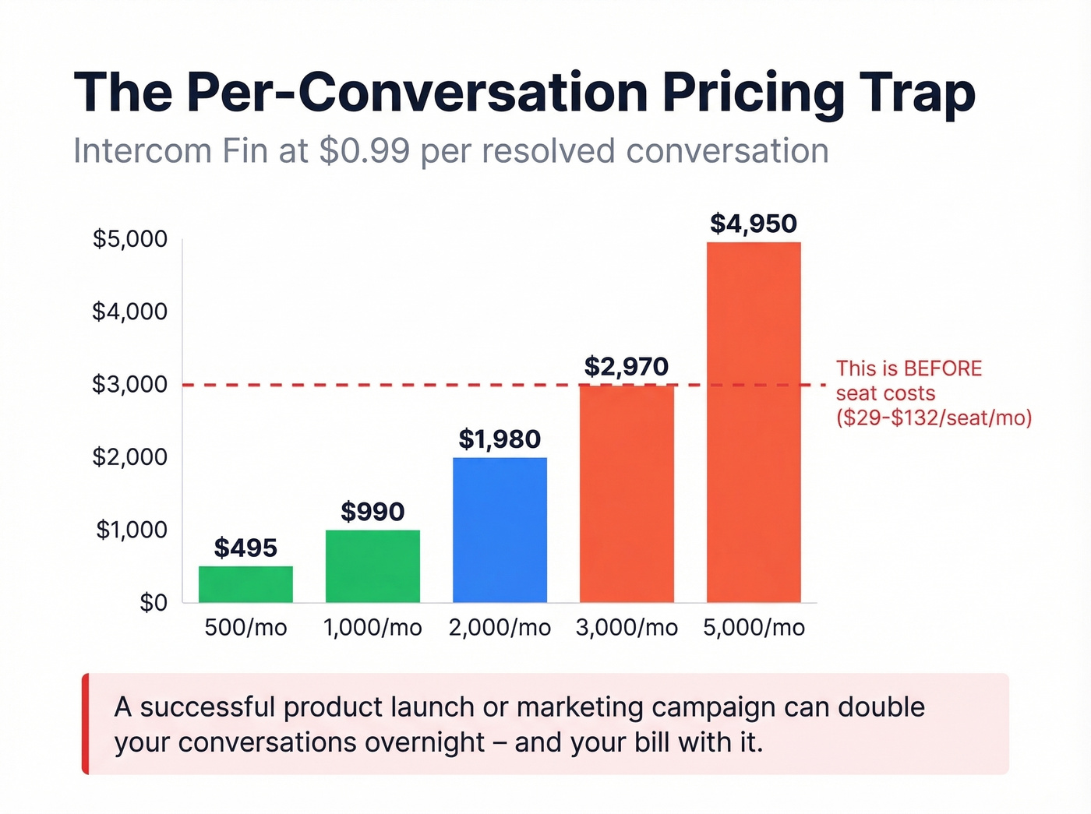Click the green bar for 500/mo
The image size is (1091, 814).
tap(245, 584)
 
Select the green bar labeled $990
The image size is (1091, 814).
tap(372, 566)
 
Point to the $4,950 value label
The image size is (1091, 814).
tap(754, 224)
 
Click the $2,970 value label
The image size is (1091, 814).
tap(627, 367)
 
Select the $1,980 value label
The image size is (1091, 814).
tap(500, 440)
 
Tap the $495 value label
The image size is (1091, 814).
tap(245, 548)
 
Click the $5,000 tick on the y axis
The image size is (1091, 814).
tap(130, 239)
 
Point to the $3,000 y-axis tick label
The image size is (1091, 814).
tap(130, 385)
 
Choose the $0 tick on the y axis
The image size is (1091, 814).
tap(154, 603)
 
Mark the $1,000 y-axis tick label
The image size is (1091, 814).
tap(132, 530)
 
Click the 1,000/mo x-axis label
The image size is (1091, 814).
tap(372, 628)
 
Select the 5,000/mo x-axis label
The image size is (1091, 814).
tap(754, 628)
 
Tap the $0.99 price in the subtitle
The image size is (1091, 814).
tap(364, 151)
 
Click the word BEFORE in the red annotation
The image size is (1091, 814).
tap(943, 368)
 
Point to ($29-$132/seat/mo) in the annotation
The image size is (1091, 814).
tap(934, 418)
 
